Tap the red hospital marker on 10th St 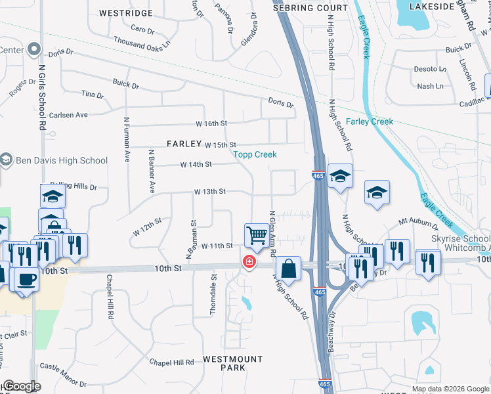point(249,262)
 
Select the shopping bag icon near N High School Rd point(288,268)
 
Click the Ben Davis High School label point(62,160)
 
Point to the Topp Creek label point(255,154)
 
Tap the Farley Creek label point(370,121)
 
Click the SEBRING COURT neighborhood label point(311,8)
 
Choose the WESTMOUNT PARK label point(232,363)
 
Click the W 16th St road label point(211,123)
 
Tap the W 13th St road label point(210,192)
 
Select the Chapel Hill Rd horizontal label point(171,362)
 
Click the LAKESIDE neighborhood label point(432,6)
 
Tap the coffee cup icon point(26,278)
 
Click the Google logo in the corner point(22,386)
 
